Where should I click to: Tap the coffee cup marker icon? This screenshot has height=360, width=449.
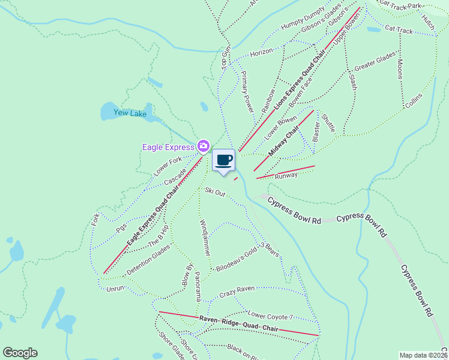click(x=223, y=160)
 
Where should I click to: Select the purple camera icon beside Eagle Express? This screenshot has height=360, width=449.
click(x=203, y=146)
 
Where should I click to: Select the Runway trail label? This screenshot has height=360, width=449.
click(x=286, y=176)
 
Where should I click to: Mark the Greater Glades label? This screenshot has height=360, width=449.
click(x=375, y=61)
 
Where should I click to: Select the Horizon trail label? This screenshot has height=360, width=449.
click(x=262, y=53)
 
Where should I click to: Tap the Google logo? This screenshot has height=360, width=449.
click(x=20, y=353)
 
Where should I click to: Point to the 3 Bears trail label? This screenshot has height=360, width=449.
click(x=270, y=249)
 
